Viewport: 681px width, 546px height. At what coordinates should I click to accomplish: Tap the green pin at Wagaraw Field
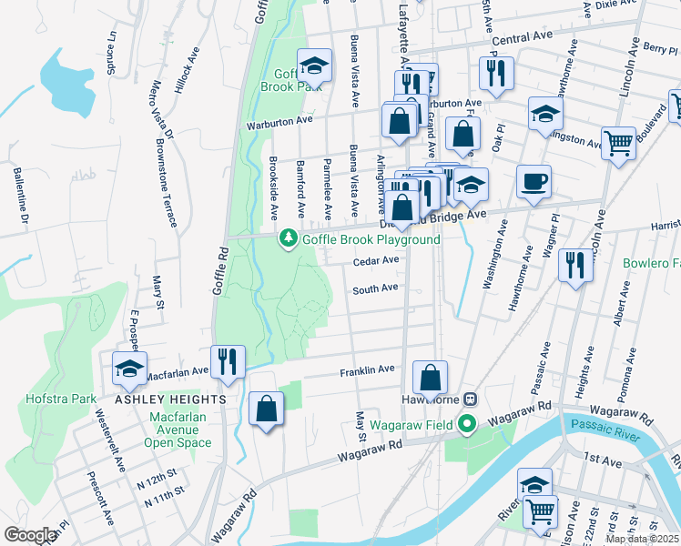click(x=467, y=423)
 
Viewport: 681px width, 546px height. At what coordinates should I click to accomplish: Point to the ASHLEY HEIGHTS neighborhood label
click(x=170, y=399)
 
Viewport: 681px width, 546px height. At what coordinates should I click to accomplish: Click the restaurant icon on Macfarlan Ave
click(x=228, y=360)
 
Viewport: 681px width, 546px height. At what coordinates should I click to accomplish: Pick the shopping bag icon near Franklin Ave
click(x=430, y=377)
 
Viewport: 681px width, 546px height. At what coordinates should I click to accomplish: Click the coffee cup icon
click(x=534, y=179)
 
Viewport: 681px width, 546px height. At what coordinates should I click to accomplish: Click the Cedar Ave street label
click(x=376, y=259)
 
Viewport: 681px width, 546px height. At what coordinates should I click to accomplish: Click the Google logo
click(x=30, y=534)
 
